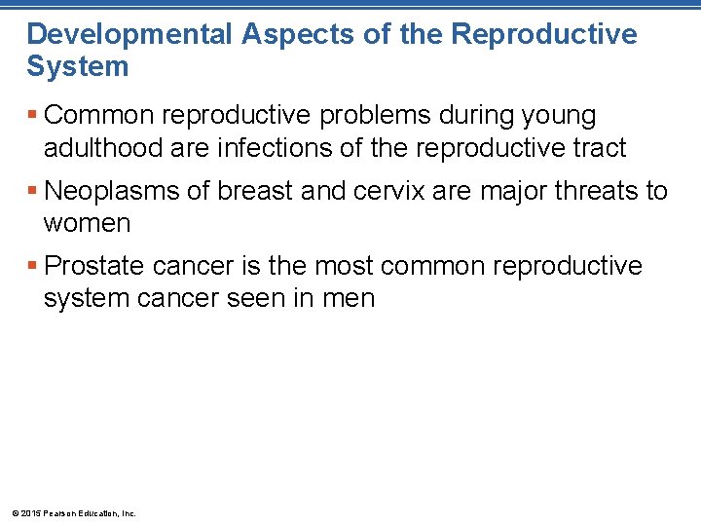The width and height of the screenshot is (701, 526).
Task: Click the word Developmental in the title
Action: [x=129, y=35]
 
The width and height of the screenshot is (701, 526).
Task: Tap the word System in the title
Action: [x=77, y=67]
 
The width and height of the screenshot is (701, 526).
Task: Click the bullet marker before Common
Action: [x=33, y=116]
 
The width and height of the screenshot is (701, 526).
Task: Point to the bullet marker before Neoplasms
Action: [x=33, y=191]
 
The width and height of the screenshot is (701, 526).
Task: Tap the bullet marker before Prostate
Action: [x=33, y=266]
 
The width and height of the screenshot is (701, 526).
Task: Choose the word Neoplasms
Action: [x=113, y=191]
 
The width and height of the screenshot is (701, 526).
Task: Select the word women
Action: [x=87, y=223]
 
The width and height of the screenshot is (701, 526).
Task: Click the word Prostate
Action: [x=100, y=266]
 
